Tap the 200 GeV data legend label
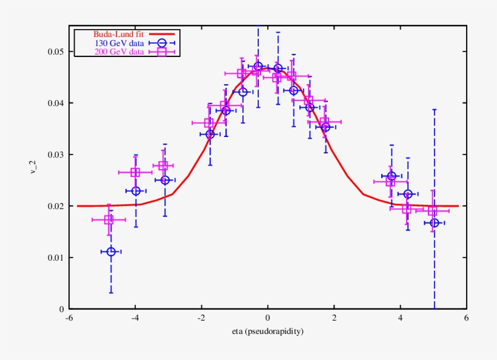coord(119,52)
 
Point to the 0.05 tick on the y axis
coord(56,52)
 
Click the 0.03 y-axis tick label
coord(56,155)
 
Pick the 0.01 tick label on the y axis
coord(56,258)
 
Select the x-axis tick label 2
coord(334,318)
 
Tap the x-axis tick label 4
coord(400,318)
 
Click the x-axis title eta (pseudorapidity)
coord(267,332)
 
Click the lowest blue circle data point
coord(111,252)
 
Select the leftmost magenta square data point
coord(108,219)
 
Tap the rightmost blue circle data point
coord(435,223)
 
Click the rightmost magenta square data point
coord(432,210)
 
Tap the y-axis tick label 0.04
coord(56,103)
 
